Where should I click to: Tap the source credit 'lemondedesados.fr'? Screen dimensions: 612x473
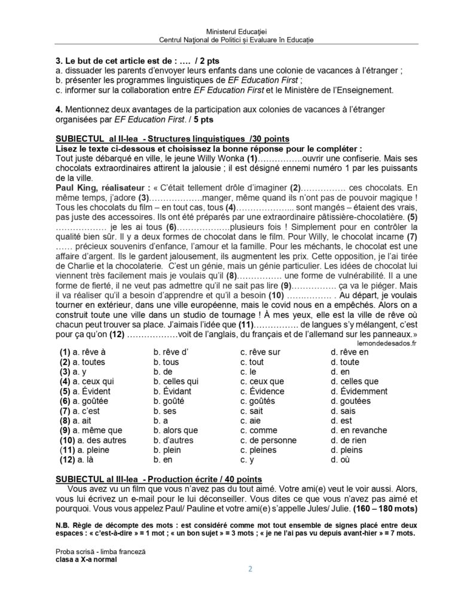click(386, 343)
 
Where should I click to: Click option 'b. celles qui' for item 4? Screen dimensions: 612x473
click(176, 381)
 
